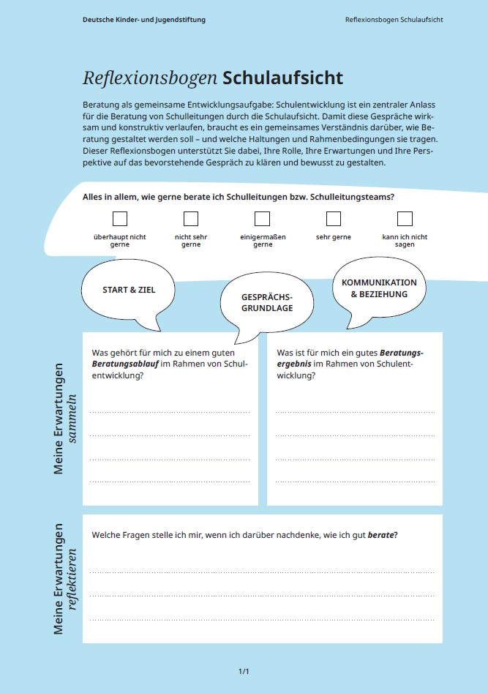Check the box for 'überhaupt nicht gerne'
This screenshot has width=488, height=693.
coord(120,219)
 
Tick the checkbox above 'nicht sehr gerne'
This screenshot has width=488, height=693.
coord(191,219)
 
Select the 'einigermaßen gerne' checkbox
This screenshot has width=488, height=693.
coord(263,219)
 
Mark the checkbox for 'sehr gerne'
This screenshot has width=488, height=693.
coord(334,219)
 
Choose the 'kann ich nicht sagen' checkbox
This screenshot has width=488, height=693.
coord(405,219)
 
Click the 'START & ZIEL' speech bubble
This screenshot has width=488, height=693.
coord(129,290)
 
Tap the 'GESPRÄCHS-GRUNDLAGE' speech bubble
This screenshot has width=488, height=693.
coord(267,303)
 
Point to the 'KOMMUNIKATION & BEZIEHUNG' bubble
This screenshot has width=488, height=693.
coord(379,288)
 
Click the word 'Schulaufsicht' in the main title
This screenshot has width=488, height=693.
coord(282,78)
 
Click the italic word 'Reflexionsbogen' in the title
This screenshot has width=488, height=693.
coord(150,78)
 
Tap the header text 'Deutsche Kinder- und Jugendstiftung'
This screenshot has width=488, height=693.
coord(144,20)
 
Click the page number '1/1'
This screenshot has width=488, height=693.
coord(244,671)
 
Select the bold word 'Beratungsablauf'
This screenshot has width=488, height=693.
coord(121,364)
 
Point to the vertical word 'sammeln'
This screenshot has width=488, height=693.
coord(72,419)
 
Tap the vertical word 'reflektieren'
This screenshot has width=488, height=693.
coord(72,578)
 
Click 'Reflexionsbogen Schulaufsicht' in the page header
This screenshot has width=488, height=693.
coord(394,20)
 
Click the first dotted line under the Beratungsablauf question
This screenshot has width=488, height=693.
coord(170,413)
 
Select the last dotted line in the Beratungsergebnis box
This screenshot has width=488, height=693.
coord(355,482)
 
